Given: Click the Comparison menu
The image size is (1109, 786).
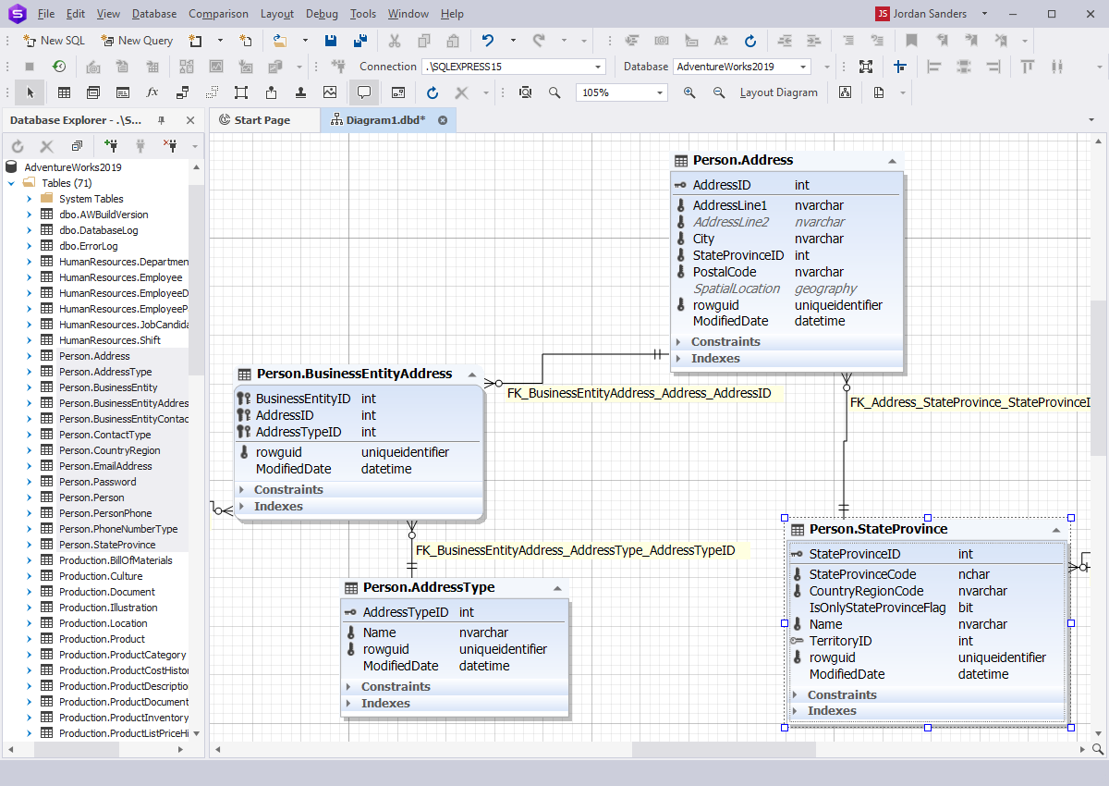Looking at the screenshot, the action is (218, 14).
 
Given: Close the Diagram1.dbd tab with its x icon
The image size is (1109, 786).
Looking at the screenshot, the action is (443, 120).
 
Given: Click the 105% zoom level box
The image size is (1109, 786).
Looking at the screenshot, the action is (621, 92).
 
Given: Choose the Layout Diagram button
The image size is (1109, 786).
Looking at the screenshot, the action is (778, 92).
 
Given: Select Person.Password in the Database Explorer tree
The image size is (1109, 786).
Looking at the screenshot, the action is (98, 482).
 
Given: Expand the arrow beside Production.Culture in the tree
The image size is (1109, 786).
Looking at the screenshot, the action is (30, 576).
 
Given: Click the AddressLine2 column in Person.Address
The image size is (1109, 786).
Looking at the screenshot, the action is (730, 222).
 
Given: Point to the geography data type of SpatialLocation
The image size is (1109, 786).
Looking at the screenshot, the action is (825, 289).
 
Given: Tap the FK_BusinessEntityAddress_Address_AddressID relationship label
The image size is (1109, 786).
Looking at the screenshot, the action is (639, 393).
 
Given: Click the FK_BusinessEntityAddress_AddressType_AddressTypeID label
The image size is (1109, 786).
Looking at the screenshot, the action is (575, 550).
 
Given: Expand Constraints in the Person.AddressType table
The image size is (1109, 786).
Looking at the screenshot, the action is (396, 686).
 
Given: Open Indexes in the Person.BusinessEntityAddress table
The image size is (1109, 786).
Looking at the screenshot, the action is (278, 506).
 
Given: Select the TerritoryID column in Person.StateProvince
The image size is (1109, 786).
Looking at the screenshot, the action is (840, 641).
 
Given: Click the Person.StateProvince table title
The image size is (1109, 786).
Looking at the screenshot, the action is (878, 529).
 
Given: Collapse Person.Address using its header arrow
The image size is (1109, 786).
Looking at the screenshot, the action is (892, 161).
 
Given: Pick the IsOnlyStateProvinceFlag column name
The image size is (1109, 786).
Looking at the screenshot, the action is (877, 608).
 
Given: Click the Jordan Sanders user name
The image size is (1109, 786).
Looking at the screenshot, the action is (930, 14).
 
